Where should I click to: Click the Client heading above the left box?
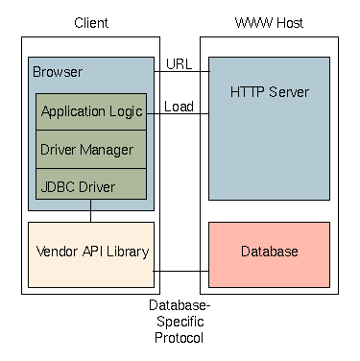91,23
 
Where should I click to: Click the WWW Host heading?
269,23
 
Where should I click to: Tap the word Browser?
58,72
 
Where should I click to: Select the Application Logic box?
91,111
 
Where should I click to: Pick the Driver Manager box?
91,149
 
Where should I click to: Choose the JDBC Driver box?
91,183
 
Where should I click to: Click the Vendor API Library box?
91,254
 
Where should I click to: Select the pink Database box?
269,254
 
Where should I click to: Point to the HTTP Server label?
270,92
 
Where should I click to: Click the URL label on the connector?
180,64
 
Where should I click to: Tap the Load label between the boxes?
179,107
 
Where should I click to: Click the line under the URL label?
181,71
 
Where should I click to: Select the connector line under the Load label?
178,113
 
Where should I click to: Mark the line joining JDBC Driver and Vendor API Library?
90,210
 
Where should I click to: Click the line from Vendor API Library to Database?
181,271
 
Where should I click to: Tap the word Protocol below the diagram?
179,338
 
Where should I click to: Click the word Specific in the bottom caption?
180,322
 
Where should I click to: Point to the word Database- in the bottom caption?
180,305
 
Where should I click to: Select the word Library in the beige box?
128,252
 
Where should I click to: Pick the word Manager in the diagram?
107,150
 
